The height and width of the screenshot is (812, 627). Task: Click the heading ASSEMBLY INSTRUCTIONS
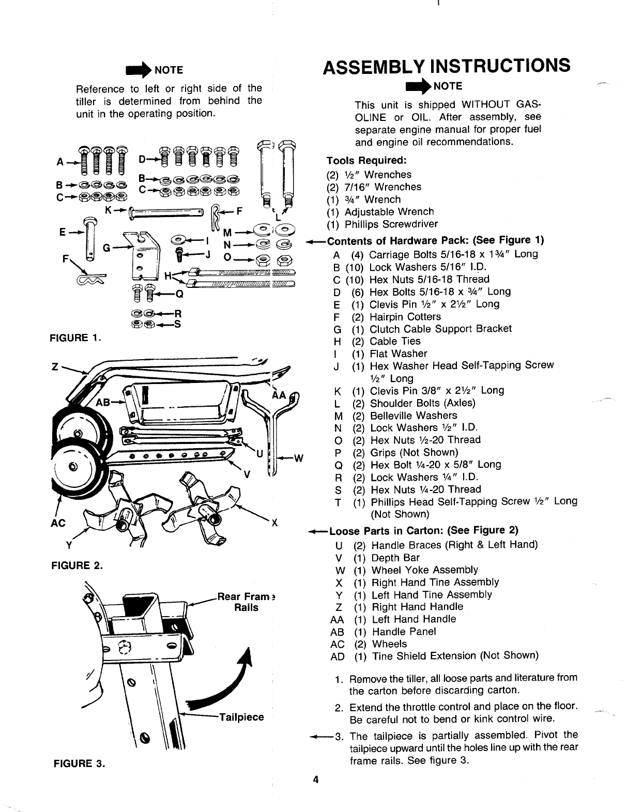tap(447, 66)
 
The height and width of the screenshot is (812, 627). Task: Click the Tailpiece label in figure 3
tap(242, 717)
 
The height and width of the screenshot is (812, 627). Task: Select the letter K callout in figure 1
tap(109, 211)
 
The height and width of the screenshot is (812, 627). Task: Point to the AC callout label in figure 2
tap(59, 523)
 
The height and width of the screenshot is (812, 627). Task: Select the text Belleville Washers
tap(414, 416)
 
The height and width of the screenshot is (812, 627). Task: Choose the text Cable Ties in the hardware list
tap(395, 341)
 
